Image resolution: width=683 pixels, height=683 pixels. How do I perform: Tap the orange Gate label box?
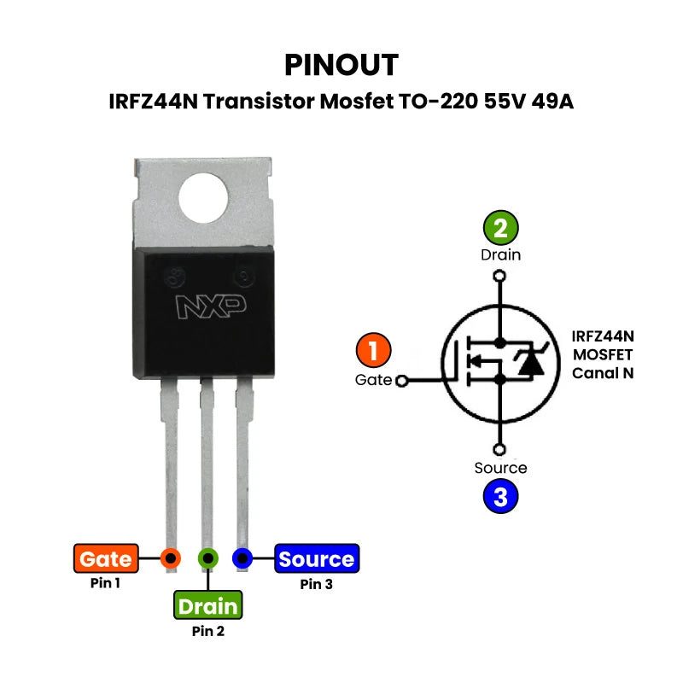coord(106,559)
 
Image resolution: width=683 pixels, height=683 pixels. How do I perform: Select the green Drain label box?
coord(208,605)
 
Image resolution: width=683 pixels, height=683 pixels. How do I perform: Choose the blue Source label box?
coord(316,559)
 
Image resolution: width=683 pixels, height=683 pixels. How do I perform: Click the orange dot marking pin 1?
coord(171,558)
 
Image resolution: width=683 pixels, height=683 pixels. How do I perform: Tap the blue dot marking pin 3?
coord(243,558)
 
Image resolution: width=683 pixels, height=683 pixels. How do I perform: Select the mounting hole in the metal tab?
coord(205,196)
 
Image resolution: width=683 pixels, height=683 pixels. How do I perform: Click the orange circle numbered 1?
coord(373,351)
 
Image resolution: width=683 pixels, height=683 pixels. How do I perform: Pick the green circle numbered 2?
coord(501,228)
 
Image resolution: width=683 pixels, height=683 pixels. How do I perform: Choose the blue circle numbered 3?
coord(501,496)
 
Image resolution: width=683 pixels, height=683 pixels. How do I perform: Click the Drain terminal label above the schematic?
coord(501,254)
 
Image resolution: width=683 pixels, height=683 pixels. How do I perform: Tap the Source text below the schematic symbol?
coord(501,468)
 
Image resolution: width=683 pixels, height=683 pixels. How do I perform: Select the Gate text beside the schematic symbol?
coord(373,380)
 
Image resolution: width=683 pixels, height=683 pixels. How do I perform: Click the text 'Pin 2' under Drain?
coord(208,632)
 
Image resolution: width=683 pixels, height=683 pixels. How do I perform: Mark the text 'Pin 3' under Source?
coord(316,584)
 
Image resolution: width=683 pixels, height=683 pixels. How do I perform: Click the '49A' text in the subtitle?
coord(552,102)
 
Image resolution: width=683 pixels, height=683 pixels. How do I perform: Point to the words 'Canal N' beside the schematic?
coord(603,373)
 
